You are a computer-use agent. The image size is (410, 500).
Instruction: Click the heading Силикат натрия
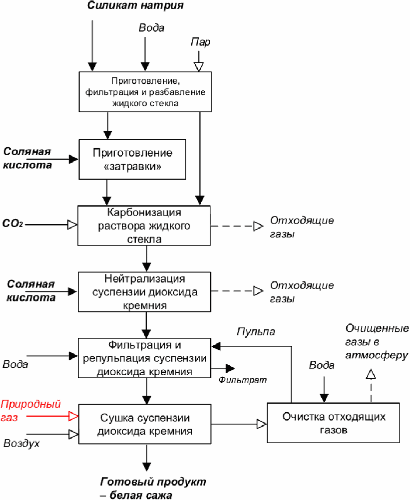[136, 6]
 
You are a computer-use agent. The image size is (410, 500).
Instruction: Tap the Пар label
[201, 42]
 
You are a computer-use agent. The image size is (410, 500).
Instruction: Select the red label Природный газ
[30, 409]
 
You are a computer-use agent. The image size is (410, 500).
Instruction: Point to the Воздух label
[21, 443]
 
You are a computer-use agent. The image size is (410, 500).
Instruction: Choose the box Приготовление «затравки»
[132, 159]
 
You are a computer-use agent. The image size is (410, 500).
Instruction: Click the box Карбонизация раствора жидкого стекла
[144, 226]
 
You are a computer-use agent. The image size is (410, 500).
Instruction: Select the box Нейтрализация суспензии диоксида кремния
[145, 292]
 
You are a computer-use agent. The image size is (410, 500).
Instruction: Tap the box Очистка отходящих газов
[334, 422]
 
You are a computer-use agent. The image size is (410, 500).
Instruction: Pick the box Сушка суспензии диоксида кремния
[144, 425]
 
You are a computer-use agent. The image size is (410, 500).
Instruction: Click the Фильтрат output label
[242, 380]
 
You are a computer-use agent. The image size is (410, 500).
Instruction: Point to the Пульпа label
[256, 331]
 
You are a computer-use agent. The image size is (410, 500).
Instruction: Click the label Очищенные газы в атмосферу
[377, 342]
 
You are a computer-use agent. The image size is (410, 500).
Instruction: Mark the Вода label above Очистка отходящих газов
[321, 365]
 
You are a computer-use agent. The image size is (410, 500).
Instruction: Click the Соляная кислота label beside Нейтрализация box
[30, 291]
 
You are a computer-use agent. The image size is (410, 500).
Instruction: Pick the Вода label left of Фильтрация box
[15, 364]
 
